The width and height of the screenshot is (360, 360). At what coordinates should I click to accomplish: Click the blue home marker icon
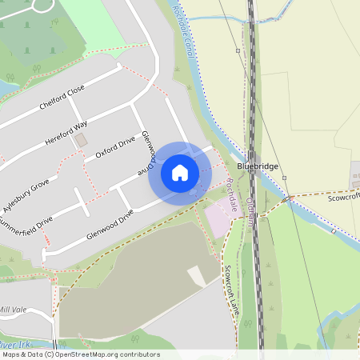coord(180,173)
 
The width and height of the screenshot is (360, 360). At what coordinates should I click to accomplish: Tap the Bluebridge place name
coord(257,166)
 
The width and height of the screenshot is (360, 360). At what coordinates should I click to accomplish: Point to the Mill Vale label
coord(14,309)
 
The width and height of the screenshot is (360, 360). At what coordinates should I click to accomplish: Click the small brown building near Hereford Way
coord(80,140)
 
